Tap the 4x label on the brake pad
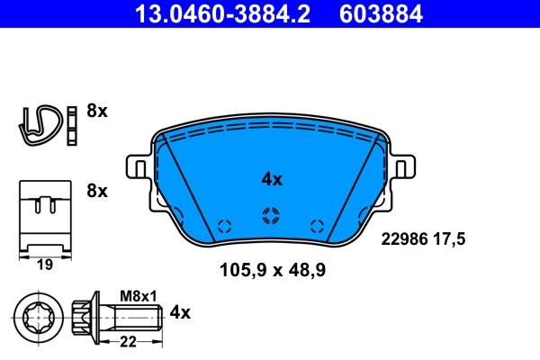[271, 179]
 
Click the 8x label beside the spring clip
[96, 112]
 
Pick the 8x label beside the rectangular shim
[96, 191]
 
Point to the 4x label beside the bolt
[181, 312]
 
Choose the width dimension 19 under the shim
[43, 265]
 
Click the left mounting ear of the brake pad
[139, 169]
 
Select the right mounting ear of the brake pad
[402, 169]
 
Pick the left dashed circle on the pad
[225, 226]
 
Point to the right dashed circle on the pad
[315, 226]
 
